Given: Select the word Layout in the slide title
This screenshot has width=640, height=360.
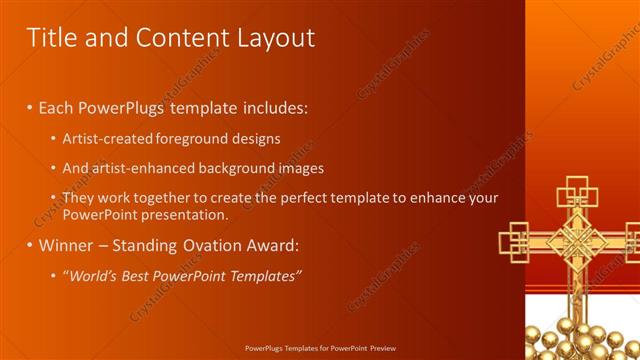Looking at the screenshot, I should tap(272, 38).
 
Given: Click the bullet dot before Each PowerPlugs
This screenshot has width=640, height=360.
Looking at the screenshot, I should tap(30, 107).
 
